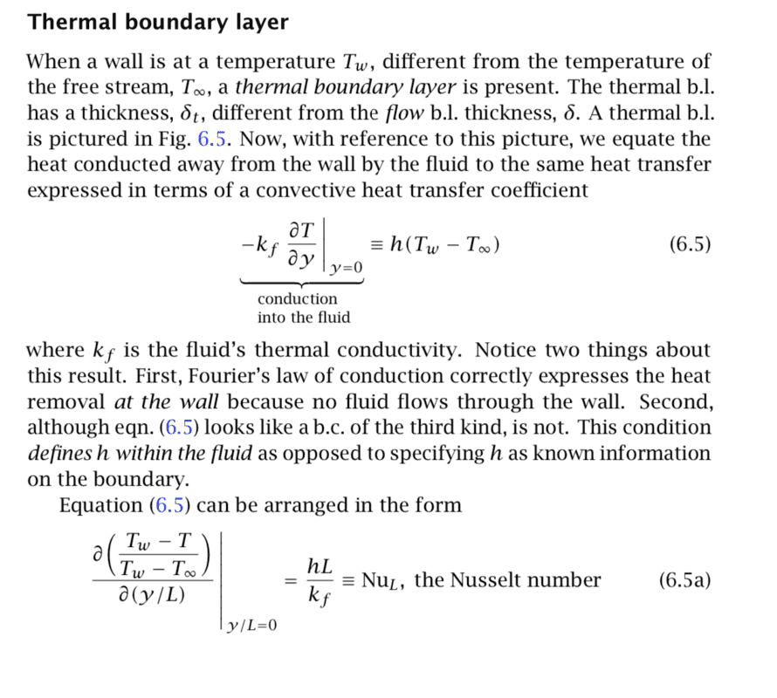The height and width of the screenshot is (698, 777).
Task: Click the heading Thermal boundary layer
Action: click(x=158, y=22)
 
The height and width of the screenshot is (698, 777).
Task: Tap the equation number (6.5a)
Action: click(x=684, y=580)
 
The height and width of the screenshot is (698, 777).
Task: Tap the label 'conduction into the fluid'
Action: click(x=303, y=308)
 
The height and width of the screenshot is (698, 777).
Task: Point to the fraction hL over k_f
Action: click(x=320, y=581)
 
